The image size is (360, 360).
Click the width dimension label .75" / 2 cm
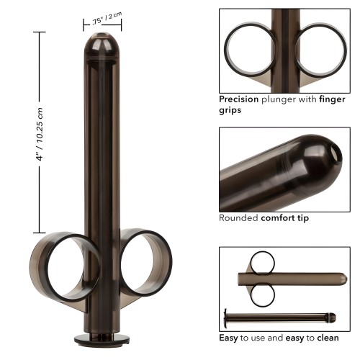106,22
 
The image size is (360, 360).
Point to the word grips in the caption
230,111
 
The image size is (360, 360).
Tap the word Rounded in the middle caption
239,217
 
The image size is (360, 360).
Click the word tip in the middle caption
302,217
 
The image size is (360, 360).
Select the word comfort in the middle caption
277,217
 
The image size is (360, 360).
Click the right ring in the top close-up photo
322,50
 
